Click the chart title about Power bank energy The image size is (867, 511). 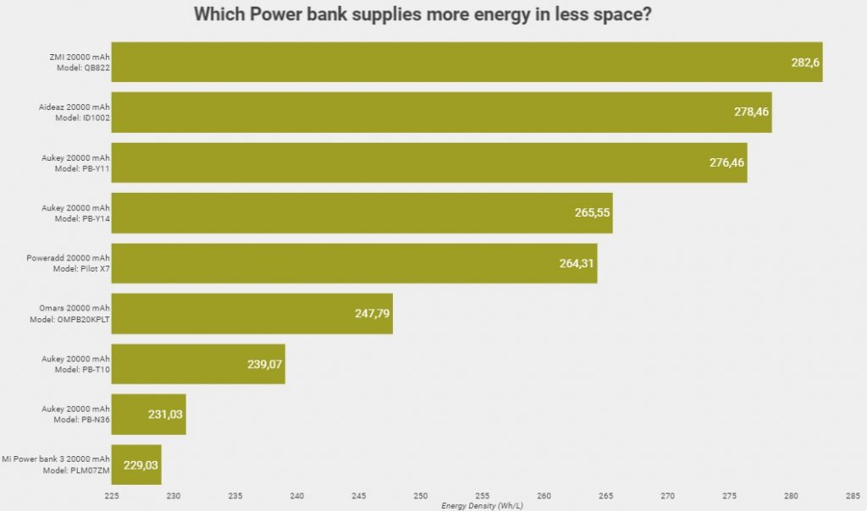433,14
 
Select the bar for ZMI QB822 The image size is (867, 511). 466,62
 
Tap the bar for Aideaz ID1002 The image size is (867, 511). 440,113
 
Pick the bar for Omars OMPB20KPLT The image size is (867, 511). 251,313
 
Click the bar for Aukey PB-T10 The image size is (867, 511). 198,364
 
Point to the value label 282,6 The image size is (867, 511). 806,63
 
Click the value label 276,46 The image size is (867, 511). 727,162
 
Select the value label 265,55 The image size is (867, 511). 593,213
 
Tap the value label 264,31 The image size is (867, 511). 577,263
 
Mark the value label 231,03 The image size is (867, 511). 167,415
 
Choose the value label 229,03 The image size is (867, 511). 141,464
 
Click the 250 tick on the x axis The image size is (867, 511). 421,497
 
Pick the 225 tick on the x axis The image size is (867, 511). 112,497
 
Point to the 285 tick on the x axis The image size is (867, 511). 853,497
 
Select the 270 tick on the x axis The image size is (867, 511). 668,497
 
